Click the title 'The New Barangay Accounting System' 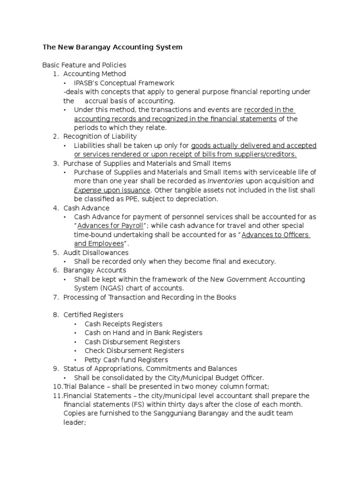point(112,47)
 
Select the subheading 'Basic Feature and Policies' point(84,65)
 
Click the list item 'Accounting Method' point(94,74)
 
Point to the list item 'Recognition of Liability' point(100,136)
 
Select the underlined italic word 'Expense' point(88,190)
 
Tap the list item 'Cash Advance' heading point(86,208)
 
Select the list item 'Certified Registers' point(93,315)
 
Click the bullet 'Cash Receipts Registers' point(123,324)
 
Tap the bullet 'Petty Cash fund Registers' point(126,360)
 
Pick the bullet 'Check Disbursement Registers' point(134,351)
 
